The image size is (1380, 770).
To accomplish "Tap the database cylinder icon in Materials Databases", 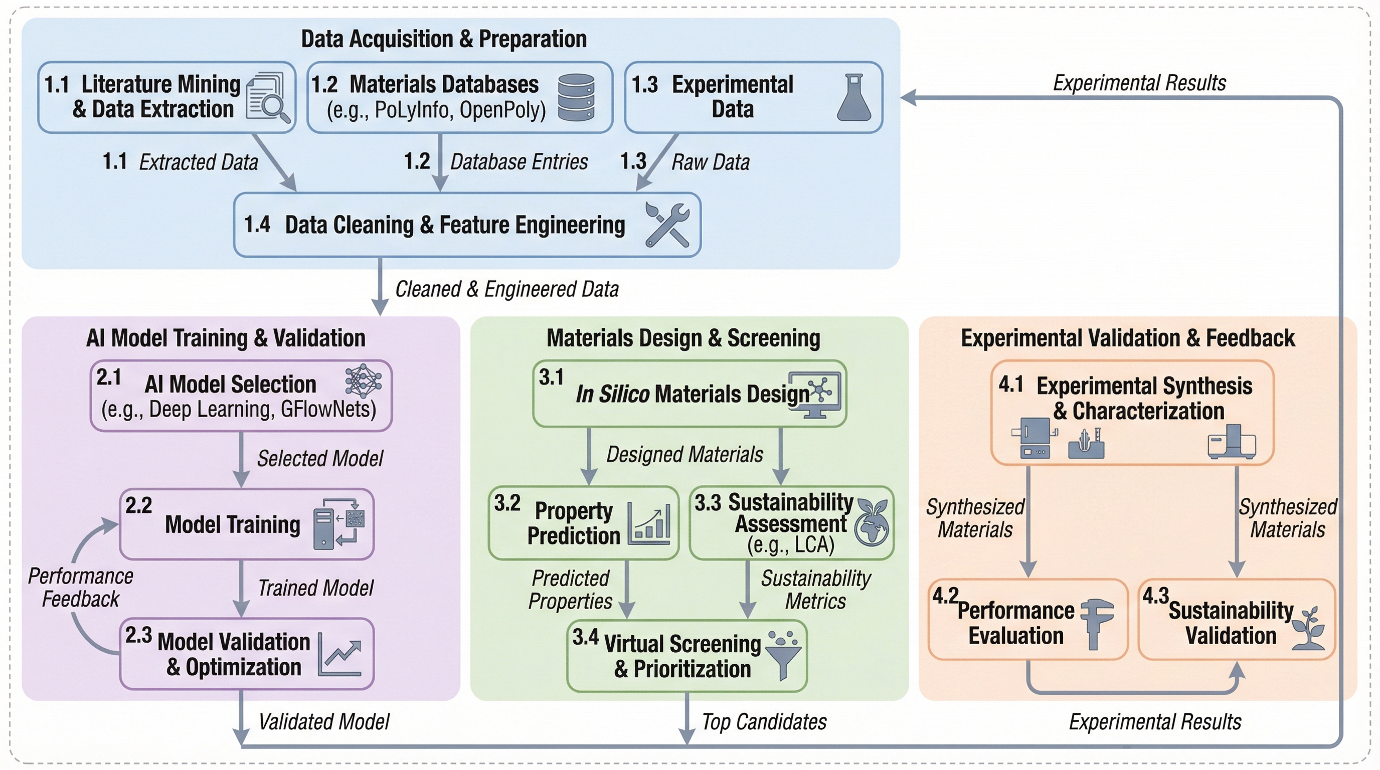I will (576, 97).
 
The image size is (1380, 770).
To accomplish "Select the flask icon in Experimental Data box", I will (853, 97).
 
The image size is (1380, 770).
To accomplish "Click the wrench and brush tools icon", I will (667, 225).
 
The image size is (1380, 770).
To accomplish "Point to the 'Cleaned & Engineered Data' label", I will (507, 289).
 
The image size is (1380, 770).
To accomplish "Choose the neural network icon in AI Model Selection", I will (363, 381).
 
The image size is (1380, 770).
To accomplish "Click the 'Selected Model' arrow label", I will (320, 458).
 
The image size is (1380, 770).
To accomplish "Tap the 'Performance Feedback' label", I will (80, 588).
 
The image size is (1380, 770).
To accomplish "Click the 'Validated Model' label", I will (323, 722).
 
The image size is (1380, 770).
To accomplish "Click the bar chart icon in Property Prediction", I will (649, 524).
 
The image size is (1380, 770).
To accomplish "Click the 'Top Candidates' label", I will (764, 722).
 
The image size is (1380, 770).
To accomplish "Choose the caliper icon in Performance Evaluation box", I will (1096, 623).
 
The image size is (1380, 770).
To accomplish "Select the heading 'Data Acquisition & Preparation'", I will (444, 39).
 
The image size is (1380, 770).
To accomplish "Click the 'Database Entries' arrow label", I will (519, 162).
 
